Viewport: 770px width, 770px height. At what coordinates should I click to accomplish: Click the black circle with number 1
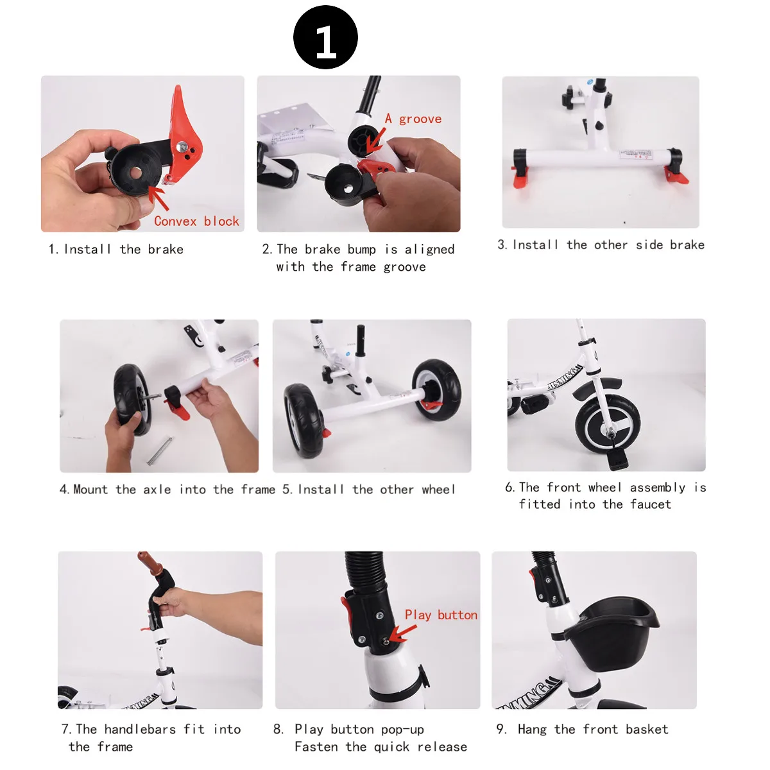coord(325,38)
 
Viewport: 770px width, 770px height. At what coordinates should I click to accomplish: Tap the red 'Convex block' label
coord(196,221)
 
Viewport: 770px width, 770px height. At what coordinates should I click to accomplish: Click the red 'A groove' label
coord(413,119)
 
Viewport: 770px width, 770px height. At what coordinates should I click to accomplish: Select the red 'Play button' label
coord(441,615)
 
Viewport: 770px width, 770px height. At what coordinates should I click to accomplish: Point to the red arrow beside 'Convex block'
coord(158,198)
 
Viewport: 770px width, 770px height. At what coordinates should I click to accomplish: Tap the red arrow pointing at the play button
coord(402,634)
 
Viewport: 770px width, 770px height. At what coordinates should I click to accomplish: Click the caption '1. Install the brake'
coord(116,250)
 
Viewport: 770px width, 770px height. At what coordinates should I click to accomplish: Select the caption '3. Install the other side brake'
coord(601,244)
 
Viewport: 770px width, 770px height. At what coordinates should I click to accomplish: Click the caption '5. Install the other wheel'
coord(369,489)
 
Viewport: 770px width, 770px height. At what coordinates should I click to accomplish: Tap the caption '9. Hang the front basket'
coord(582,729)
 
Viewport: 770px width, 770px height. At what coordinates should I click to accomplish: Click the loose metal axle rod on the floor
coord(159,451)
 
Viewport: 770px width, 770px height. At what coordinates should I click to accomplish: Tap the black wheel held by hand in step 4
coord(132,400)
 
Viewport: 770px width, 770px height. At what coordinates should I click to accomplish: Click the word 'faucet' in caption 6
coord(651,504)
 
